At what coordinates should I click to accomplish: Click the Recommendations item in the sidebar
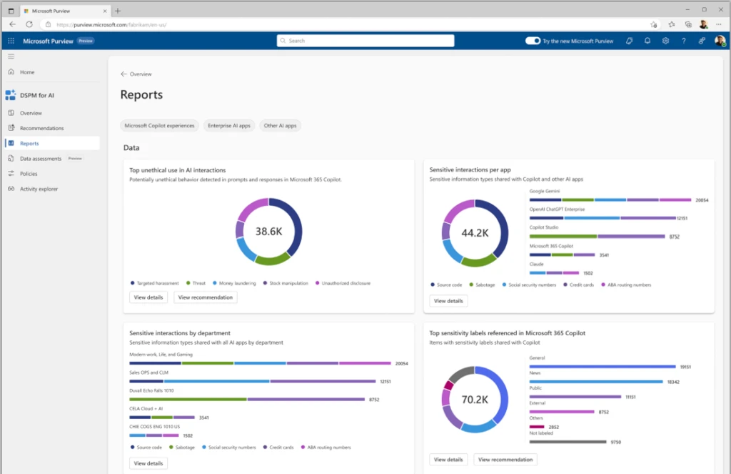coord(41,129)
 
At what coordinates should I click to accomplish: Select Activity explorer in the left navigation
coord(39,189)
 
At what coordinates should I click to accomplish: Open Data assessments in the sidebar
coord(41,159)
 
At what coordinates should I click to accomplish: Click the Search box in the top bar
coord(365,41)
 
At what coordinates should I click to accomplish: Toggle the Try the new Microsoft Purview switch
coord(533,41)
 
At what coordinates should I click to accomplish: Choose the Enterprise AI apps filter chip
coord(228,126)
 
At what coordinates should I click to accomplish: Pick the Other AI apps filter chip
coord(280,126)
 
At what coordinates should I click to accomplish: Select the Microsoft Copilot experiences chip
coord(159,126)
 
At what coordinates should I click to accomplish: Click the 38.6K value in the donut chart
coord(268,231)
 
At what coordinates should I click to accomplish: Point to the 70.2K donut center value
coord(474,400)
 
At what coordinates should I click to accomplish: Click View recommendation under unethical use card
coord(205,297)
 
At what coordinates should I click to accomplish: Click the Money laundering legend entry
coord(237,283)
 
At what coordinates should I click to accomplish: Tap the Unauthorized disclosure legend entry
coord(345,283)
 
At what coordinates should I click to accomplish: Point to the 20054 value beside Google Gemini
coord(701,200)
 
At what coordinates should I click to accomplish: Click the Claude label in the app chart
coord(536,264)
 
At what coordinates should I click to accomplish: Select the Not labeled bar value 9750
coord(615,442)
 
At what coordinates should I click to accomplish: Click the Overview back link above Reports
coord(136,74)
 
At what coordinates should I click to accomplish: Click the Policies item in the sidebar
coord(29,174)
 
